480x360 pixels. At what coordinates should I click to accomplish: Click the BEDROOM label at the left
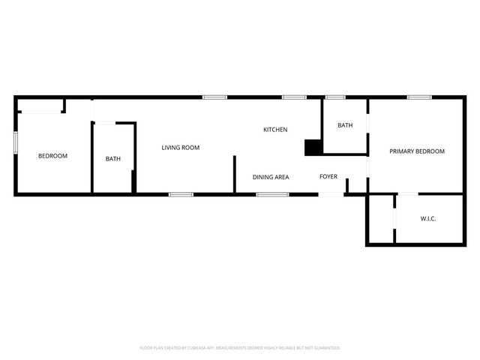52,156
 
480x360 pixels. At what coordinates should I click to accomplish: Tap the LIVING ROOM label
181,148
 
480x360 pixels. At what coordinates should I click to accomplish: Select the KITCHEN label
275,130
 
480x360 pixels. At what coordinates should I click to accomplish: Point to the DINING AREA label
271,177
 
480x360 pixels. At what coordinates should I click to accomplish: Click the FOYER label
328,177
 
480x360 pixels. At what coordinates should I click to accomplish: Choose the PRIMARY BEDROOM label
417,151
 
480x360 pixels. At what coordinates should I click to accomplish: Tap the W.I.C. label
428,218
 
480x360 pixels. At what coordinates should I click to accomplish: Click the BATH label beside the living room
112,158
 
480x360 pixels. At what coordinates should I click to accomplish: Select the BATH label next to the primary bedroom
345,125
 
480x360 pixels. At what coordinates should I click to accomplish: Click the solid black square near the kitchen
313,148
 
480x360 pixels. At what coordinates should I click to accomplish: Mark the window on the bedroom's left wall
16,143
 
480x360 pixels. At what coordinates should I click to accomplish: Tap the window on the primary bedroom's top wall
418,97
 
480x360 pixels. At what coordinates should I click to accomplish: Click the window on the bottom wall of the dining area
273,194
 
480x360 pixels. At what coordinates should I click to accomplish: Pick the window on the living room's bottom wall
181,194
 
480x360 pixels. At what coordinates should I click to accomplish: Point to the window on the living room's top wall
215,97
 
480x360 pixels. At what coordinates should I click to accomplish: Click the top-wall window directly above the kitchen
294,97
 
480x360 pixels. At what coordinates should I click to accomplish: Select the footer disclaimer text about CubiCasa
240,348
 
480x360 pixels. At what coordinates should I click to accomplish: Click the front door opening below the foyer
331,194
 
